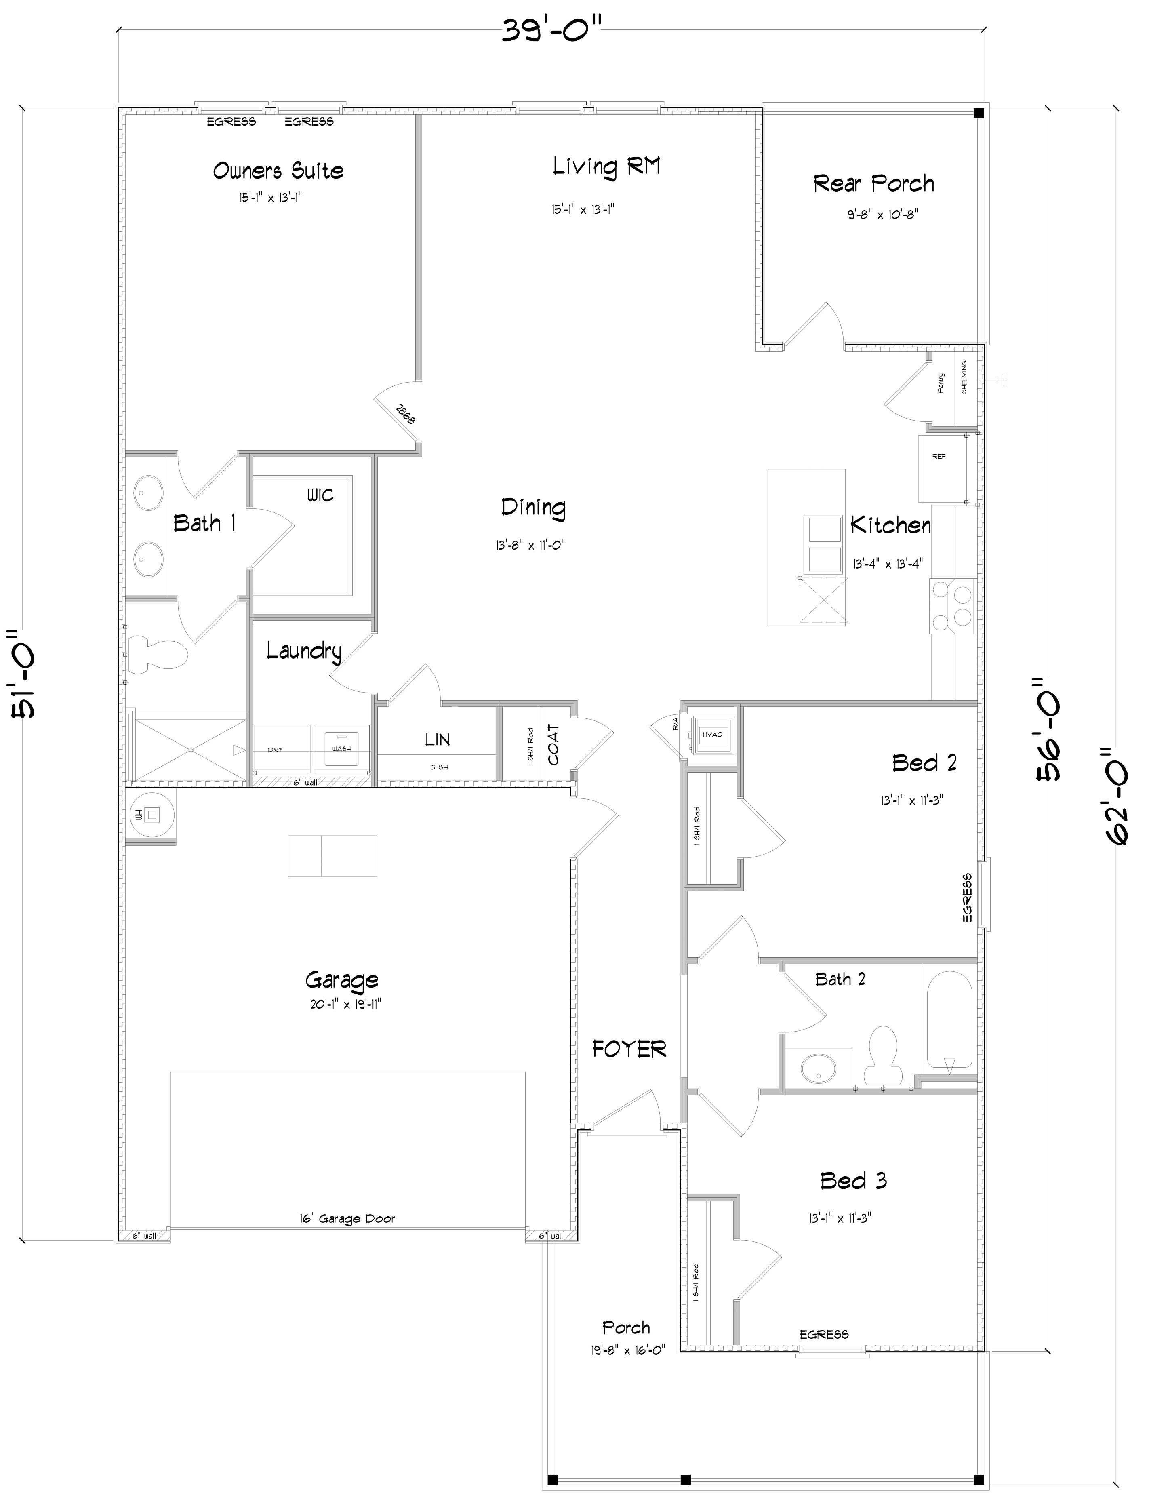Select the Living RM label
[606, 166]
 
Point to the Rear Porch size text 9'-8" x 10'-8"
[882, 214]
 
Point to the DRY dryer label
[275, 750]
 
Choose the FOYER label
[629, 1049]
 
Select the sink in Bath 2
[818, 1066]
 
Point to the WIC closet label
[320, 495]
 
